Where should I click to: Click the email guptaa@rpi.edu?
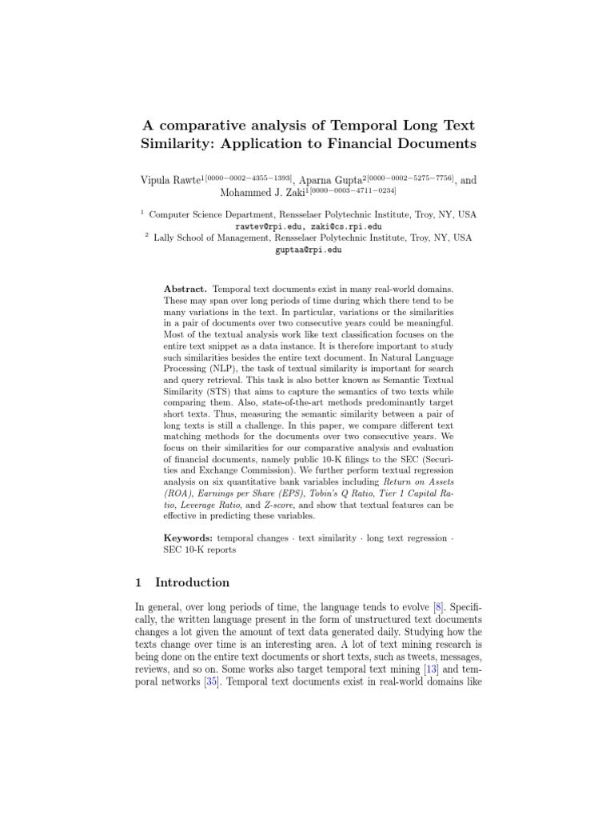click(307, 250)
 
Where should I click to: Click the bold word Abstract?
click(185, 287)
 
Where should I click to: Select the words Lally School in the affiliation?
click(178, 238)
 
